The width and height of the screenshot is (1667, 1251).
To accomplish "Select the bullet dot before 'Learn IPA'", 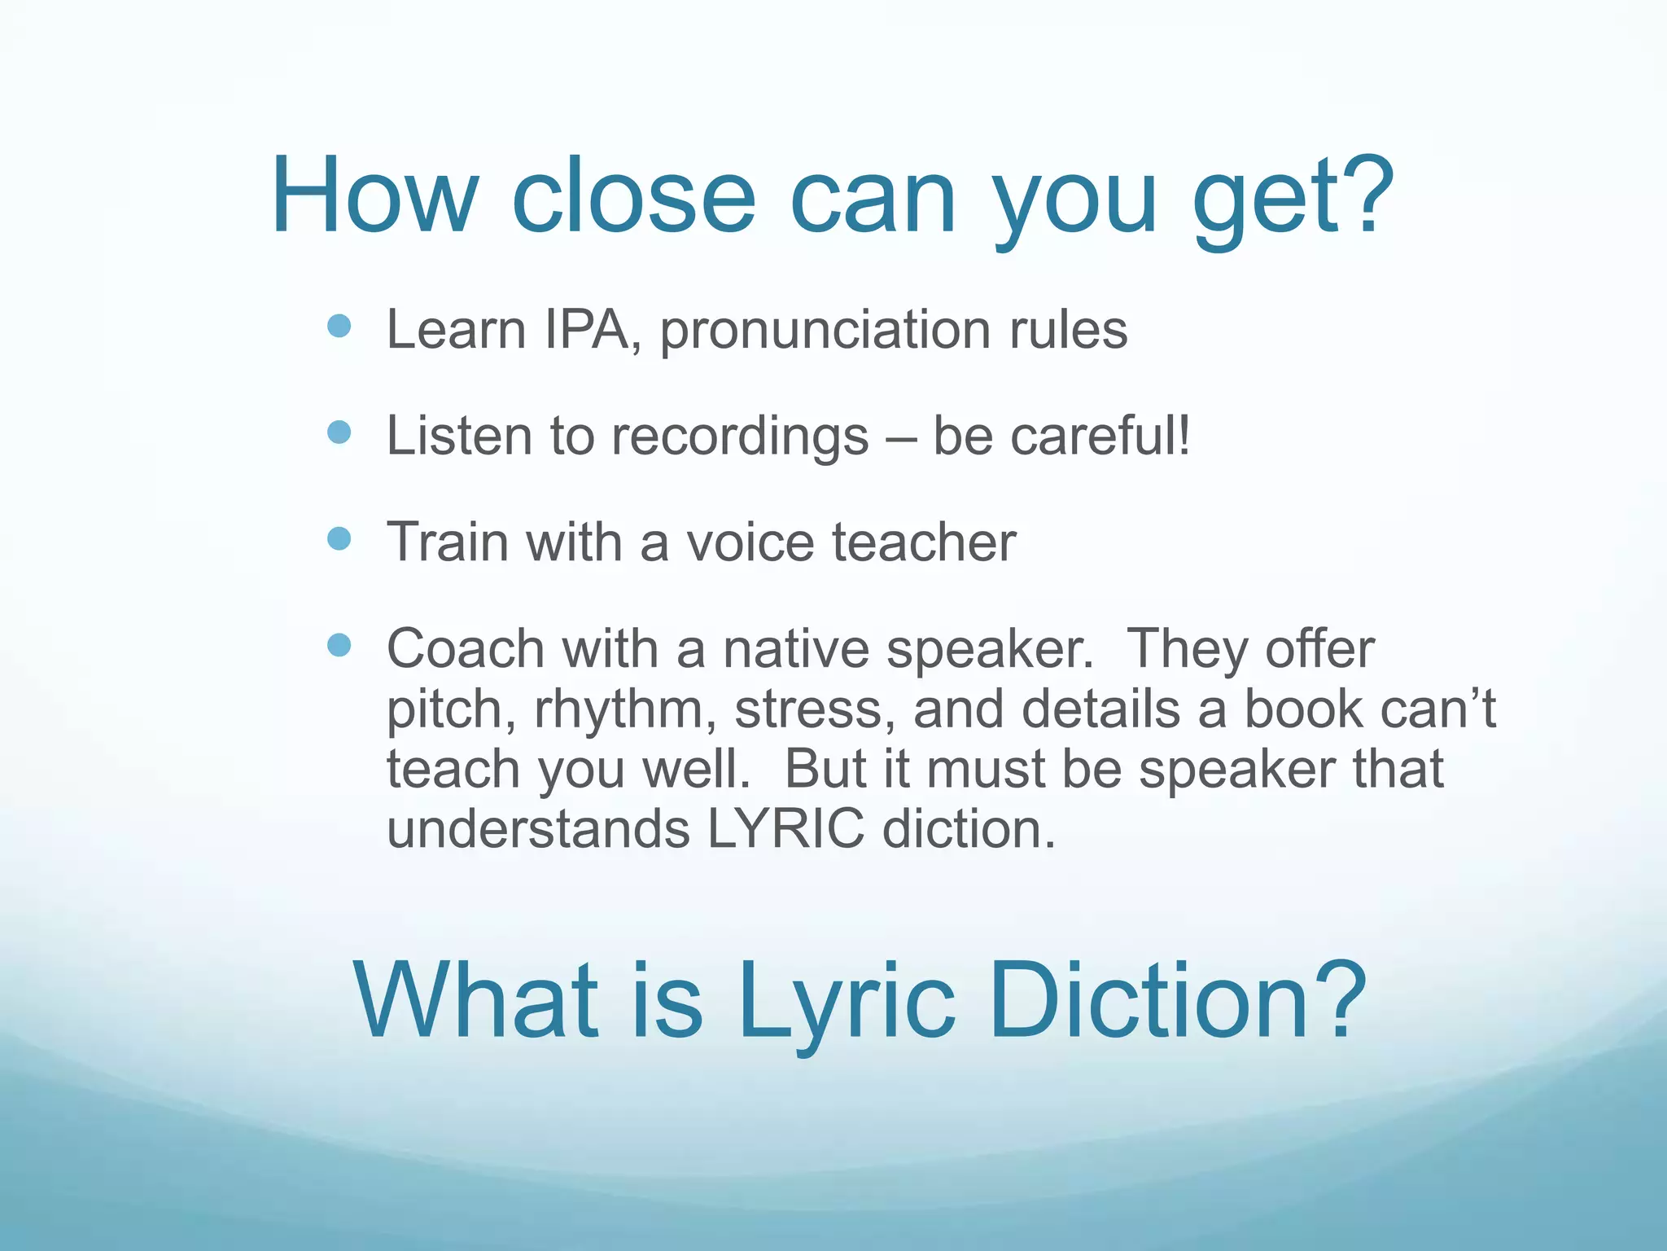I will pos(339,327).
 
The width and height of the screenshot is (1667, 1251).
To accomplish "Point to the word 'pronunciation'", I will pos(825,332).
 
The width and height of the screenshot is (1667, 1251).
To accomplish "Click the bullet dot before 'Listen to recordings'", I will pos(339,432).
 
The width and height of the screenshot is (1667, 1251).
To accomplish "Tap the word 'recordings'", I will pos(740,438).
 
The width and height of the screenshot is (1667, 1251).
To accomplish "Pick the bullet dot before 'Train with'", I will pos(339,539).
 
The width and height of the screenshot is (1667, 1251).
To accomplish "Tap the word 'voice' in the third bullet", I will pos(750,542).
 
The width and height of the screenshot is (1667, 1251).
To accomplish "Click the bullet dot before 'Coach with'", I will pos(339,646).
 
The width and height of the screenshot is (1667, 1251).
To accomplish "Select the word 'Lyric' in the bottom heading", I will pos(846,1001).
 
